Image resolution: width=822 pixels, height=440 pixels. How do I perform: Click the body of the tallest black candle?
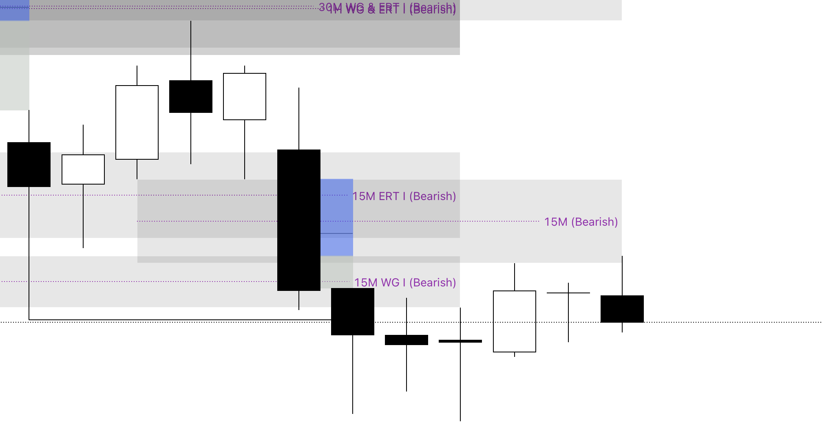298,220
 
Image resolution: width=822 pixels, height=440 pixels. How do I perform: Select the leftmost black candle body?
29,165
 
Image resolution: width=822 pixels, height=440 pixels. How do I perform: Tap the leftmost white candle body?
83,169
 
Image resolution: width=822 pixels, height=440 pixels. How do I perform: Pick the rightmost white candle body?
514,321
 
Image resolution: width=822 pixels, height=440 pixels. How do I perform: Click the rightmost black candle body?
622,309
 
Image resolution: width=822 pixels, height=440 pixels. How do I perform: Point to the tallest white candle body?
137,122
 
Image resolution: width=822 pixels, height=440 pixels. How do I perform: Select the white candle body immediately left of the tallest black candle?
245,97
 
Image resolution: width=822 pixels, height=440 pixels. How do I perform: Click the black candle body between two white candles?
191,97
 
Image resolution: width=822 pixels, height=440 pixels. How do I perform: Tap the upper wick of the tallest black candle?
299,118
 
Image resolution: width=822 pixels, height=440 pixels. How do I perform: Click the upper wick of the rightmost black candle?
622,275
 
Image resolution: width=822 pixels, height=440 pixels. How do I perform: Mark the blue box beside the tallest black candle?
336,217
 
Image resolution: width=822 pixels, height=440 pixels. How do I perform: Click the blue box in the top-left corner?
15,10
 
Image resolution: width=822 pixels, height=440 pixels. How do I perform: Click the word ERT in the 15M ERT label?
389,196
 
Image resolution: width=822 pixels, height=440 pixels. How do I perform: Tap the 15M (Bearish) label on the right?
581,222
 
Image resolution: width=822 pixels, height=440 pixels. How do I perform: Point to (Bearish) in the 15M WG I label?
432,283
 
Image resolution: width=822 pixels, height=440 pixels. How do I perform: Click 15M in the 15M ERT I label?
364,196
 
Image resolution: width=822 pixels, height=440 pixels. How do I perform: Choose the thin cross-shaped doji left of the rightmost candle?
568,293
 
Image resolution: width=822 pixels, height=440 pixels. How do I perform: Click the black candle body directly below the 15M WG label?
353,312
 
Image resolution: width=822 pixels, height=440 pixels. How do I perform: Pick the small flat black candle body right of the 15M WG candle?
407,340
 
